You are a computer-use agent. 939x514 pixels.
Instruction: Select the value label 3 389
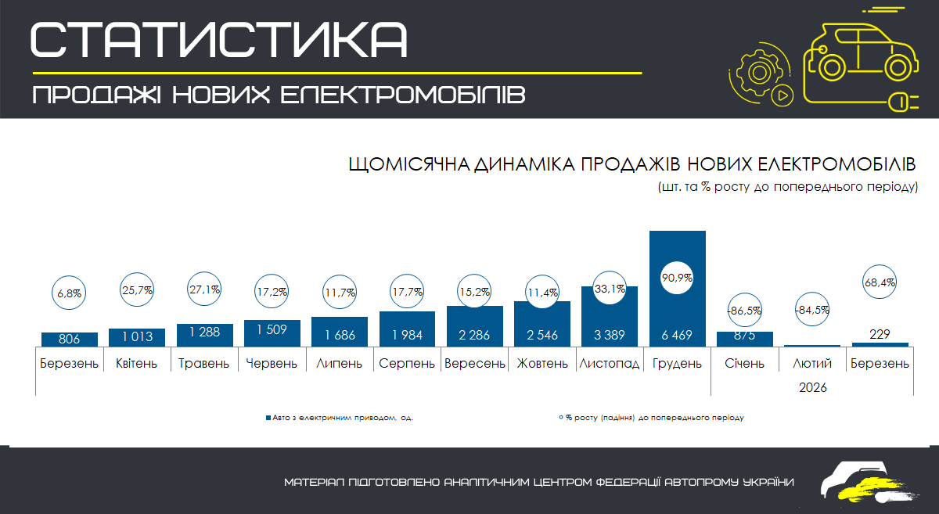[610, 336]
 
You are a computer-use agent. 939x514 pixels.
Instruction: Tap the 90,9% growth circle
[678, 278]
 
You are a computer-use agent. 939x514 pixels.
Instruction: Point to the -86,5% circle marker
[745, 310]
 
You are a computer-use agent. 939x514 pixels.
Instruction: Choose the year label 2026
[813, 387]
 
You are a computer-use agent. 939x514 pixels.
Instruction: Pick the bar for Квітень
[137, 337]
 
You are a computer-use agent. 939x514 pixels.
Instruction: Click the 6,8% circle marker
[70, 294]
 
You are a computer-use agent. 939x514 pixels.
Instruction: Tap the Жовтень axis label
[542, 364]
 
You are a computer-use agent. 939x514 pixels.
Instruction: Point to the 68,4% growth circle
[880, 281]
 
